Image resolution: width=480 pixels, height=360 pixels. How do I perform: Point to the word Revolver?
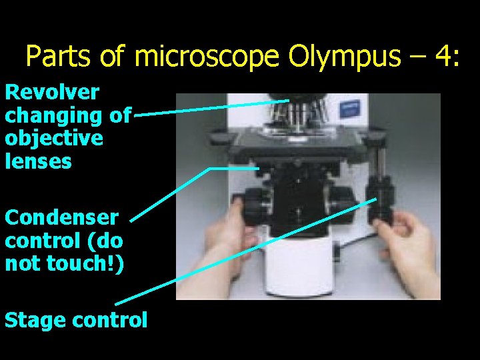point(52,92)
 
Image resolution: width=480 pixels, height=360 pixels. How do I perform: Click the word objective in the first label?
point(54,138)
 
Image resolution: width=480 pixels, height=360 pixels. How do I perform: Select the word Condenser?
point(61,217)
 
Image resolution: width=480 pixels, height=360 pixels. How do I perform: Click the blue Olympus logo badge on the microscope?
point(353,107)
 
